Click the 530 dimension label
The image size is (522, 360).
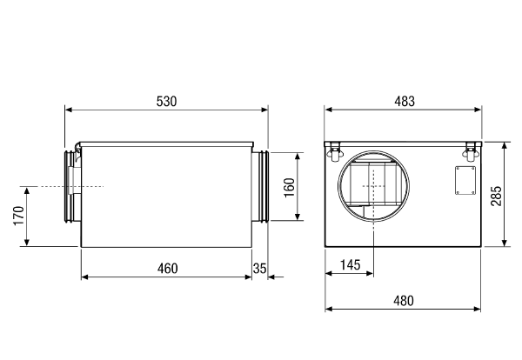(x=166, y=102)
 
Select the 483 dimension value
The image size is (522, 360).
(x=405, y=102)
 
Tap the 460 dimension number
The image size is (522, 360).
(x=167, y=269)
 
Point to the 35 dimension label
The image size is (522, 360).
(x=259, y=269)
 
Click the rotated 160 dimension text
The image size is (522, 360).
(x=290, y=187)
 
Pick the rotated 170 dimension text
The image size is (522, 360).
(x=18, y=216)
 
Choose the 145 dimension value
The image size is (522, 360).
(x=351, y=265)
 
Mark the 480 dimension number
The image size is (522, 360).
(x=404, y=301)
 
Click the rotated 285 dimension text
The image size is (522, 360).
(x=496, y=196)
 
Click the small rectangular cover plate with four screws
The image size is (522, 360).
(x=465, y=180)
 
